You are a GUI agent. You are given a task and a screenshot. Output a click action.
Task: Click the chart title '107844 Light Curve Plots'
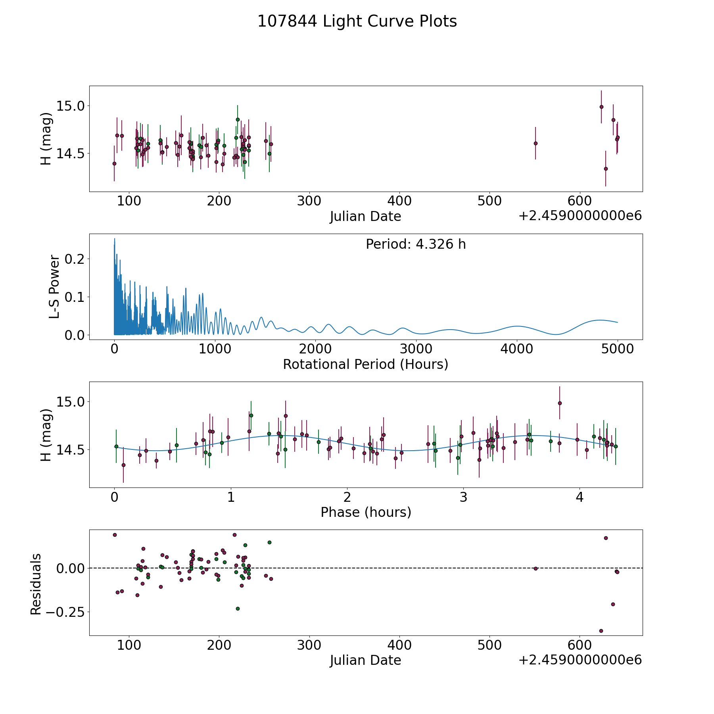357,21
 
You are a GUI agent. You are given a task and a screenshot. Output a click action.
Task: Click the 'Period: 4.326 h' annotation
416,244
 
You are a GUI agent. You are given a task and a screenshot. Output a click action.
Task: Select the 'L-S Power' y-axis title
54,287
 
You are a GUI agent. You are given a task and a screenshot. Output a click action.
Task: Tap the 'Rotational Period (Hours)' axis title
365,364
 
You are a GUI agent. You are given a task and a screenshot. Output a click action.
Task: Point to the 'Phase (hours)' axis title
366,512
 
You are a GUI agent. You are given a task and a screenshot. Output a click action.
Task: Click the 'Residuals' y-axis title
36,584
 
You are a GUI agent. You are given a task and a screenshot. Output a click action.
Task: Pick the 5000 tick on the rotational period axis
617,349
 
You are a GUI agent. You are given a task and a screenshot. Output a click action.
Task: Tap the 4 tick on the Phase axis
580,497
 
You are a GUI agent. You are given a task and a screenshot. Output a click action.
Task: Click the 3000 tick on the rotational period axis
416,349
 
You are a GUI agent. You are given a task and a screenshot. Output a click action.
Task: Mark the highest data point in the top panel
601,107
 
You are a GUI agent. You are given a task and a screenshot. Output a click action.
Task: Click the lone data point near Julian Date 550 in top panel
535,143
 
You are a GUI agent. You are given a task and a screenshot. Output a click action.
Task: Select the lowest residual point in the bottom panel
601,631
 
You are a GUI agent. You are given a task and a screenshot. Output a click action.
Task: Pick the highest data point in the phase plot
560,403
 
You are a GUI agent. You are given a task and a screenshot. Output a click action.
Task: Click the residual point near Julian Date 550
535,568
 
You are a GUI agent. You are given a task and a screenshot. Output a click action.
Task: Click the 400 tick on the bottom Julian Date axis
399,645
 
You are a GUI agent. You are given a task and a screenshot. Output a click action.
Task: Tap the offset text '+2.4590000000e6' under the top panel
580,216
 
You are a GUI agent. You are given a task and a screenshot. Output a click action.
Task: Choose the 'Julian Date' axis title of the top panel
365,217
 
